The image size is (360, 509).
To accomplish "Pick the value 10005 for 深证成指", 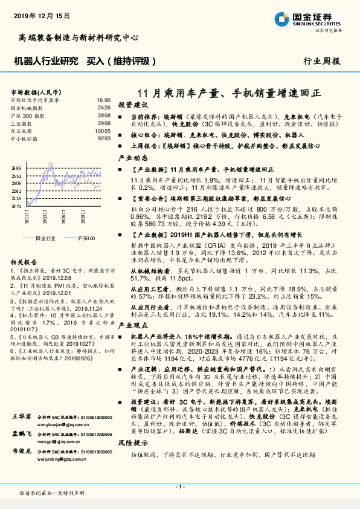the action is coord(102,130).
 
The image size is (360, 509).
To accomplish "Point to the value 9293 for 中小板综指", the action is coord(103,138).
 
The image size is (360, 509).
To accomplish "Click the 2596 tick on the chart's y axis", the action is coord(16,169).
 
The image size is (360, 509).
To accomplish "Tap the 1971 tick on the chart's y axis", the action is coord(16,206).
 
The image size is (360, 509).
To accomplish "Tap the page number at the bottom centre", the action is coord(180,487).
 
